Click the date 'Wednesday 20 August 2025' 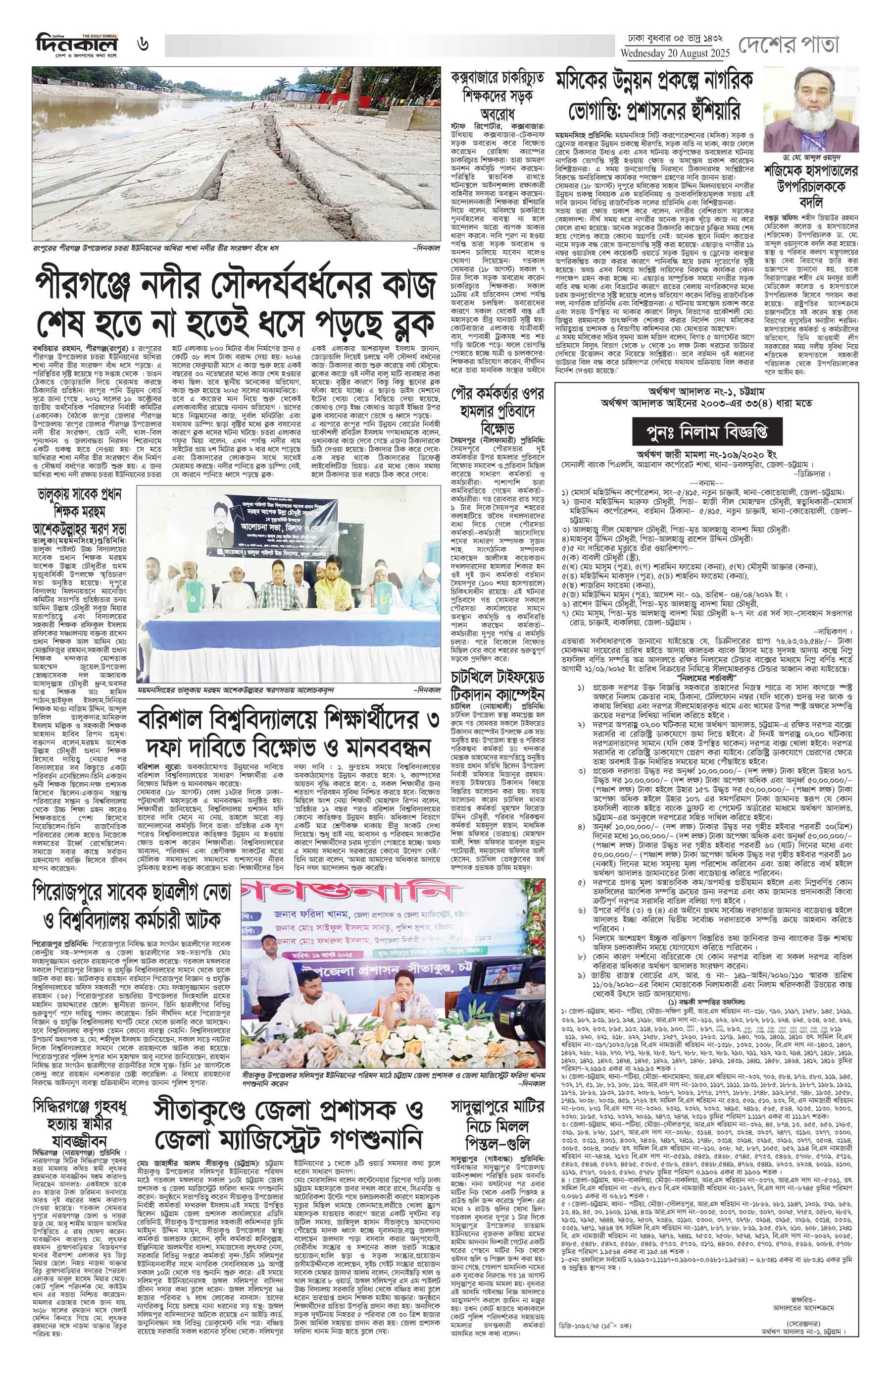click(675, 53)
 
